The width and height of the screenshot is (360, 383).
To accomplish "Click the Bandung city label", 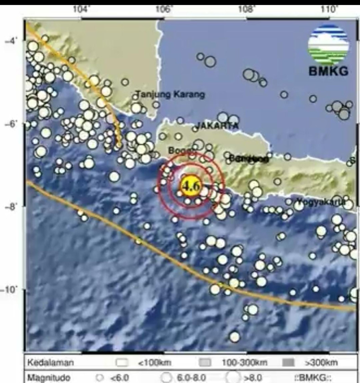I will pos(248,159).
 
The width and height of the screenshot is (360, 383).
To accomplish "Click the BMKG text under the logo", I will pos(328,71).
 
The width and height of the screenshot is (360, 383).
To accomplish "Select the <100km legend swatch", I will pos(121,363).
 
